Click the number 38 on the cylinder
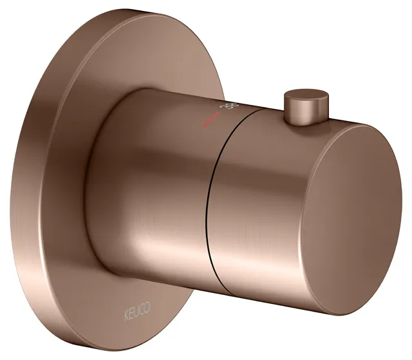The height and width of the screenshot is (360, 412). tap(226, 106)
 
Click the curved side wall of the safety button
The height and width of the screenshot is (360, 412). tap(296, 113)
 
